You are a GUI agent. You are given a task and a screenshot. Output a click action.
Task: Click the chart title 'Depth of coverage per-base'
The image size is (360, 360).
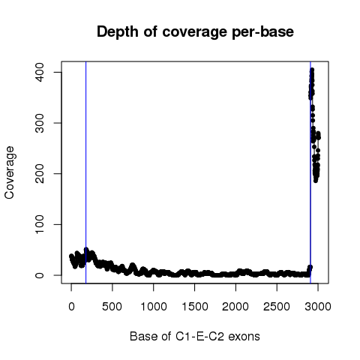point(195,32)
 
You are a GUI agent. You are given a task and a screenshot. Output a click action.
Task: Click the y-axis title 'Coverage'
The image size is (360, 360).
point(9,172)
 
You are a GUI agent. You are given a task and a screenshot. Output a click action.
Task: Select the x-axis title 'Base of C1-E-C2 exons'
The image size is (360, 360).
point(195,336)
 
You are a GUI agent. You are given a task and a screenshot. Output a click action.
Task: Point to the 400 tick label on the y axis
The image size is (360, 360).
point(40,72)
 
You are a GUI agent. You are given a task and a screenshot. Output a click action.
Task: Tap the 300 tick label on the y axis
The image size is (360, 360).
point(40,123)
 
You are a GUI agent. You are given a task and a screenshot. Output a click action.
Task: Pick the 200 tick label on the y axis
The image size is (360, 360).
point(40,174)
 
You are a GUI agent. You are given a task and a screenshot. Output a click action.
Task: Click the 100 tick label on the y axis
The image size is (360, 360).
point(40,224)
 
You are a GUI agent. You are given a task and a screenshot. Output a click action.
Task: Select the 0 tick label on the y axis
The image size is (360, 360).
point(40,275)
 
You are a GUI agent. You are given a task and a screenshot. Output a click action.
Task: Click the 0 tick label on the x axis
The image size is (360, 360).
point(71,307)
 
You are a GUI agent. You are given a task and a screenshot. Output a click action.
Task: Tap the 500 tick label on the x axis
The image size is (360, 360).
point(112,307)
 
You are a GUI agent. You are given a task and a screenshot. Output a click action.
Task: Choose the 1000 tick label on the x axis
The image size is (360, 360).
point(154,307)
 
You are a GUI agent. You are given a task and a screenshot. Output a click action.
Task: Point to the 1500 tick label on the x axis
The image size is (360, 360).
point(195,307)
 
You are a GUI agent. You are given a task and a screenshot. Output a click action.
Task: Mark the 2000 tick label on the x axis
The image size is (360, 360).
point(235,307)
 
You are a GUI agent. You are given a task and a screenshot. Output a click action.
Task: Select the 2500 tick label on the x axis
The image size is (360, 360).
point(277,307)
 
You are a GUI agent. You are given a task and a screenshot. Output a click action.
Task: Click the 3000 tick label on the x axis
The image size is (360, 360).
point(318,307)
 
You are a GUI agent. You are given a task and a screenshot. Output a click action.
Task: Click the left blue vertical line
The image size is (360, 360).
point(86,172)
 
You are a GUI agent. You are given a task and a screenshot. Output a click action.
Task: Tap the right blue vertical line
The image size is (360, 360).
point(310,172)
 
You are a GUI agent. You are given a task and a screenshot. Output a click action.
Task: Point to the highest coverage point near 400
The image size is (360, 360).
point(312,70)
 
